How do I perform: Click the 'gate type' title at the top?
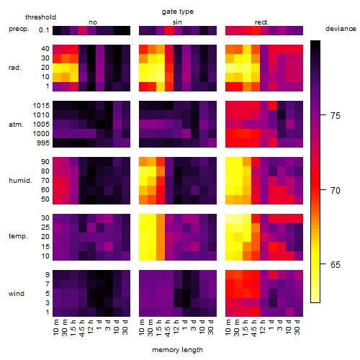178,12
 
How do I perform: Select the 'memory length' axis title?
178,350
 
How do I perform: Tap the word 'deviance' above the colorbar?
341,29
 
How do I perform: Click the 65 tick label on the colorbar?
336,264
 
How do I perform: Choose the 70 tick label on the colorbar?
336,190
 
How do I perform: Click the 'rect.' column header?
262,22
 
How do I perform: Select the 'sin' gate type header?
177,22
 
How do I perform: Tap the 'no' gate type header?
93,22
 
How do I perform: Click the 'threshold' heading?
40,17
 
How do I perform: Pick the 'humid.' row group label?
20,181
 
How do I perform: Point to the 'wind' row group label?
17,294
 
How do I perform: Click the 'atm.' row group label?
16,125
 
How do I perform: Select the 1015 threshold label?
41,106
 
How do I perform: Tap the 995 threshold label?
43,143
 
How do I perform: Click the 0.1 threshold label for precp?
44,30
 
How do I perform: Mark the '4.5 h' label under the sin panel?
168,328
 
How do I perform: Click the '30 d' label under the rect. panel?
297,327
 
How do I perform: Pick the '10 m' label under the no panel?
55,328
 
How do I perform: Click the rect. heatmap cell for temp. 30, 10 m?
230,218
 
